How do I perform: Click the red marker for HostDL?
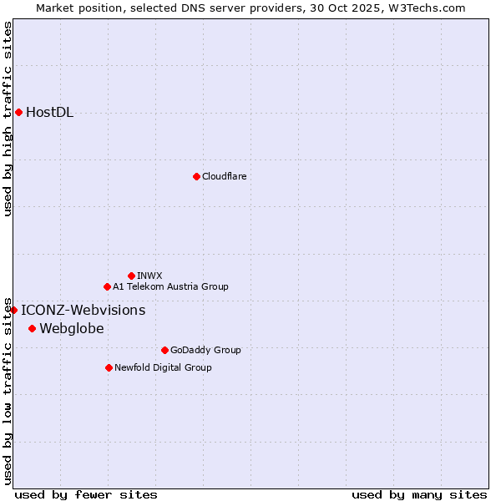(18, 112)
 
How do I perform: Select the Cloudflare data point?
(196, 176)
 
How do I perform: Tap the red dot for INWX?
(131, 276)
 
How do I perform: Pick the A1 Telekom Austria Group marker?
(107, 286)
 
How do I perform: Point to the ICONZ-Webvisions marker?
(13, 310)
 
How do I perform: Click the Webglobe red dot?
(32, 328)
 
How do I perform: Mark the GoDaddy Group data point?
(164, 350)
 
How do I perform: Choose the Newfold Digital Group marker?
(109, 367)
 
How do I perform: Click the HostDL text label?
(49, 113)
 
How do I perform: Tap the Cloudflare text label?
(224, 176)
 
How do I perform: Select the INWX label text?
(149, 276)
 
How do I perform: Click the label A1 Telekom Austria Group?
(170, 286)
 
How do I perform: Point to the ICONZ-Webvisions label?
(83, 311)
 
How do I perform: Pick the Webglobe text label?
(72, 329)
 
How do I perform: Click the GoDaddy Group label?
(205, 350)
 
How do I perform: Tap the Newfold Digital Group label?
(163, 367)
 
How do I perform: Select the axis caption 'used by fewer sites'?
(86, 494)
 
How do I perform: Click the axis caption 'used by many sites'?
(419, 494)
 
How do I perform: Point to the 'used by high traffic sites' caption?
(8, 119)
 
